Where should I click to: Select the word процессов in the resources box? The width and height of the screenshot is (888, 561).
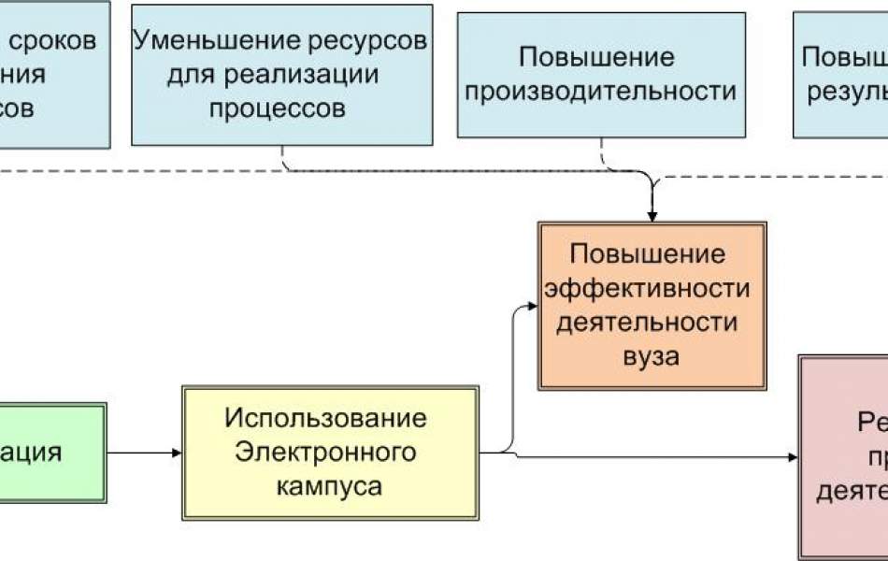277,108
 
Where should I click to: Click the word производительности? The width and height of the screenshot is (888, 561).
601,92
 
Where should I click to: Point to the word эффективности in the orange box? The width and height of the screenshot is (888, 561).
652,288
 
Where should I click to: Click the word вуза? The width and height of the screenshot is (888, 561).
652,355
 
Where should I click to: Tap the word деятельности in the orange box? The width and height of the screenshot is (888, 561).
652,322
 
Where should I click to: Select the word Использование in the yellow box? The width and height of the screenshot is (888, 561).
325,418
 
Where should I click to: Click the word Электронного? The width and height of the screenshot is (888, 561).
325,453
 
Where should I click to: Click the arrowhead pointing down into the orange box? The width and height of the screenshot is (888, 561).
652,214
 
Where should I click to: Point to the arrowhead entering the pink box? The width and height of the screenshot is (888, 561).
793,457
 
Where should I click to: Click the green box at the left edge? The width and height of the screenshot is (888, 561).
51,453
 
